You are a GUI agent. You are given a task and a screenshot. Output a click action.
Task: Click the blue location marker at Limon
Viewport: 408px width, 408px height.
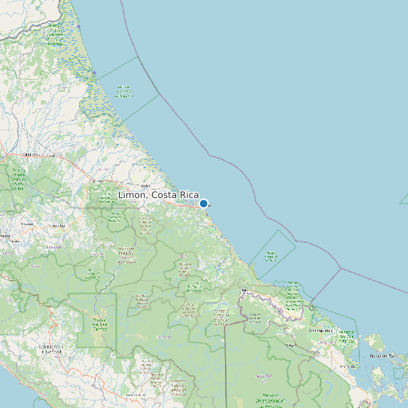click(x=203, y=203)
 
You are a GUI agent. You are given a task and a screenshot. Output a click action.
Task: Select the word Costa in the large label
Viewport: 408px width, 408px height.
click(x=164, y=195)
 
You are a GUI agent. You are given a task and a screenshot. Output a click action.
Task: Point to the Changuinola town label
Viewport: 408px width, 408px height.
click(x=321, y=330)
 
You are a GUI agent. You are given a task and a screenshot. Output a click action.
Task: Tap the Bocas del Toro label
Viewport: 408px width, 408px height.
click(x=382, y=355)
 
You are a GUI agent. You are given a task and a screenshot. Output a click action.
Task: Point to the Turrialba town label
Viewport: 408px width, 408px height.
click(x=53, y=245)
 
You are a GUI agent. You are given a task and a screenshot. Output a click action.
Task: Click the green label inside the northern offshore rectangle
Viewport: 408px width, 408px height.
click(x=123, y=92)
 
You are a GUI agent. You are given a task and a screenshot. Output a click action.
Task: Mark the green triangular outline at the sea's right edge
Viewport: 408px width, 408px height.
click(x=404, y=199)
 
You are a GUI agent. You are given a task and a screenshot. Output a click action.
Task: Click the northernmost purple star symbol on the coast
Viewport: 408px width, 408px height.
click(x=78, y=27)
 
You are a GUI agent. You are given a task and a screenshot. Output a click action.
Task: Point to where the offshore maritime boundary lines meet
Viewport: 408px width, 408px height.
click(x=340, y=268)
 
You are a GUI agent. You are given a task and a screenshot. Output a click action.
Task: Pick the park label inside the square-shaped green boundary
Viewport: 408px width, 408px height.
click(x=98, y=324)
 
